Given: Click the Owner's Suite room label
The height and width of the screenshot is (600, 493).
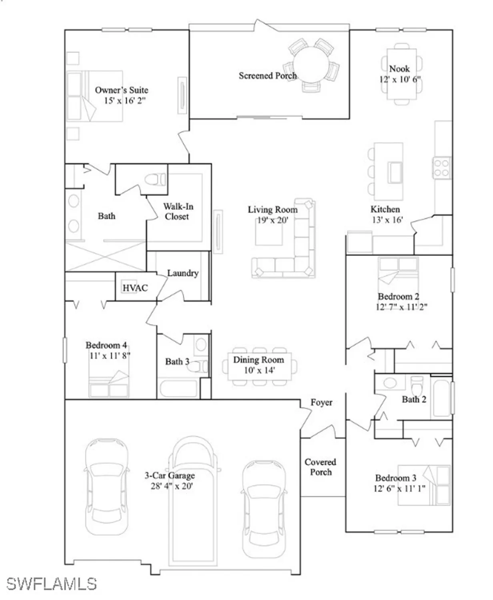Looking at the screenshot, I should pos(121,90).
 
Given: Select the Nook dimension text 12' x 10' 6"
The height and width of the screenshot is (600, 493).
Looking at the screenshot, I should pos(400,79).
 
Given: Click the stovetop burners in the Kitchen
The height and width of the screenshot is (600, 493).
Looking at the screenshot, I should pos(442,168).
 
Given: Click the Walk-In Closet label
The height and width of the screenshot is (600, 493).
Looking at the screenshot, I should pos(178,212).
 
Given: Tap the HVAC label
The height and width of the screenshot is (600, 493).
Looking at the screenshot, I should pos(135,288).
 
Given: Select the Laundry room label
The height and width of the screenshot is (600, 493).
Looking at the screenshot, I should pos(182,273).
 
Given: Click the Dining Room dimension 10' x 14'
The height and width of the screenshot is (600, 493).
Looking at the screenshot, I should pos(259,370).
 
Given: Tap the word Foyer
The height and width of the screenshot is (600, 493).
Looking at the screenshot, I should pos(321,402).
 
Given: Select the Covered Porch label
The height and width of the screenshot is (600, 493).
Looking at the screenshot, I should pos(320,467).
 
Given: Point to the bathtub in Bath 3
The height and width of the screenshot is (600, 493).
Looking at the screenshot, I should pos(178,388).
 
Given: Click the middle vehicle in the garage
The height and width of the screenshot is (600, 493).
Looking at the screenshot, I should pos(193,500).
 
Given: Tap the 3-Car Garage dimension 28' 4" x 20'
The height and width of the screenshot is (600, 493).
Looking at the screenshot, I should pos(171,486).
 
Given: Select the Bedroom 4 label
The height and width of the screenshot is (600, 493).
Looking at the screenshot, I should pos(106,345).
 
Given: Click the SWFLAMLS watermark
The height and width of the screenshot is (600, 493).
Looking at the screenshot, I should pos(51,584).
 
